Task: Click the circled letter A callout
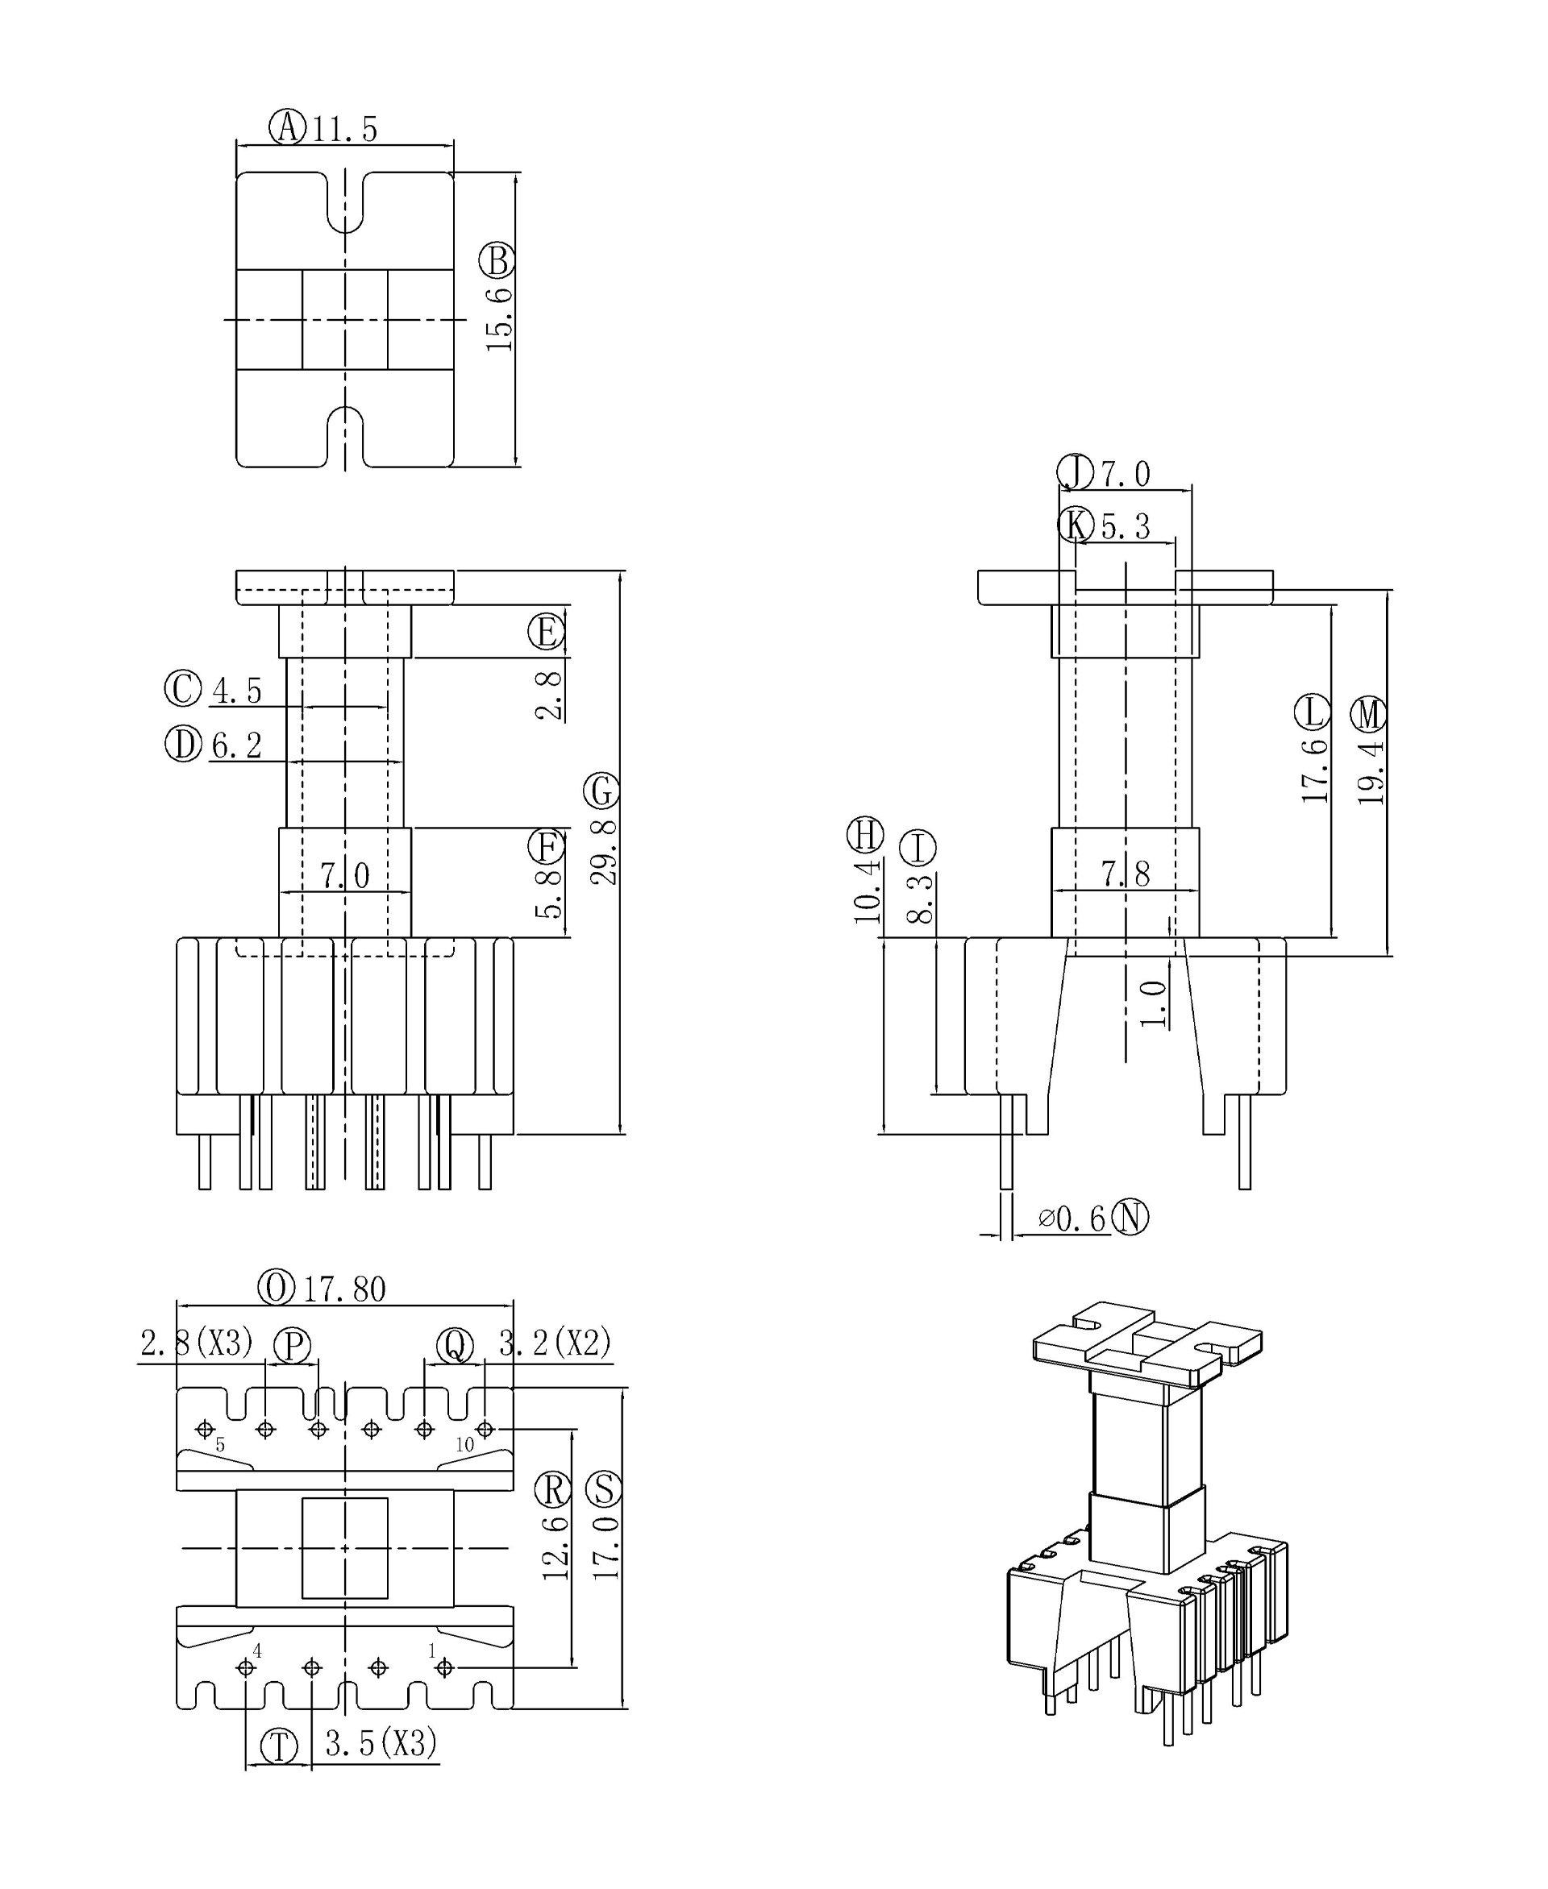click(x=287, y=127)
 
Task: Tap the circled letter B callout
click(x=497, y=260)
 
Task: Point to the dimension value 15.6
click(x=499, y=319)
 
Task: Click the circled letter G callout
click(x=602, y=791)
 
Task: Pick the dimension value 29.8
click(x=604, y=853)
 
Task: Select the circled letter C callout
click(x=183, y=689)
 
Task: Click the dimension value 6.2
click(x=237, y=745)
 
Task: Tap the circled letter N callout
click(x=1130, y=1217)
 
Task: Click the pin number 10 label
click(x=464, y=1445)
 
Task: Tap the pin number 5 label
click(x=220, y=1445)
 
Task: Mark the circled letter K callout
click(x=1076, y=525)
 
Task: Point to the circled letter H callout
click(x=865, y=835)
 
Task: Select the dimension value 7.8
click(x=1126, y=874)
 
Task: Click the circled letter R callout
click(x=553, y=1488)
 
